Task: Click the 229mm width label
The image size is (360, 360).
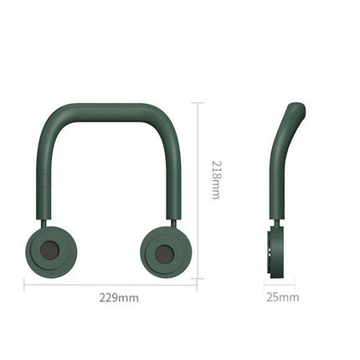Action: (x=119, y=297)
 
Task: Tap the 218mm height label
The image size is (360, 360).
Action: (x=215, y=179)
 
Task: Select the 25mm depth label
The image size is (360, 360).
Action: (x=281, y=297)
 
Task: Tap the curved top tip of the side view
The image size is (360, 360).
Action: (x=296, y=109)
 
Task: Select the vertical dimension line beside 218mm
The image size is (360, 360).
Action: (x=198, y=193)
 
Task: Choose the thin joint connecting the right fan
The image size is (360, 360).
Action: (x=174, y=222)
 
